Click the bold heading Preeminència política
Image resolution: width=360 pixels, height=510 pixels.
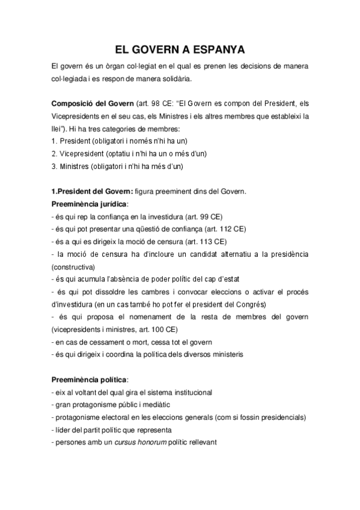click(x=89, y=380)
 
